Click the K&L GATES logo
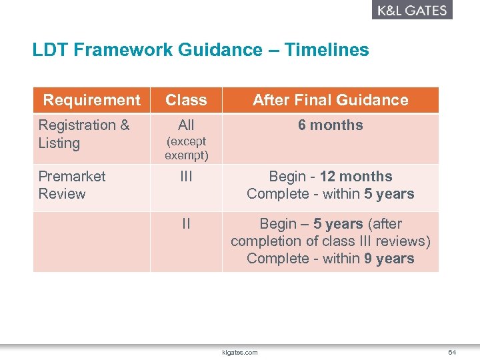(x=411, y=10)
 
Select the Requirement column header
(x=91, y=100)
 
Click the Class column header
(x=186, y=100)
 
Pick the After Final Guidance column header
(x=330, y=100)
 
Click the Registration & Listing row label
(x=83, y=134)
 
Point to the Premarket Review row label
(x=71, y=185)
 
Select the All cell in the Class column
(x=186, y=125)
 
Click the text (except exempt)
(x=186, y=149)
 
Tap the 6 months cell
(x=330, y=125)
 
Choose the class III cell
(x=186, y=177)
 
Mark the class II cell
(x=186, y=224)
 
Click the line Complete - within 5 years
(x=330, y=194)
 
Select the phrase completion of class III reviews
(x=327, y=241)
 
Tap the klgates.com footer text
(x=239, y=352)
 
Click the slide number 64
(x=452, y=352)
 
